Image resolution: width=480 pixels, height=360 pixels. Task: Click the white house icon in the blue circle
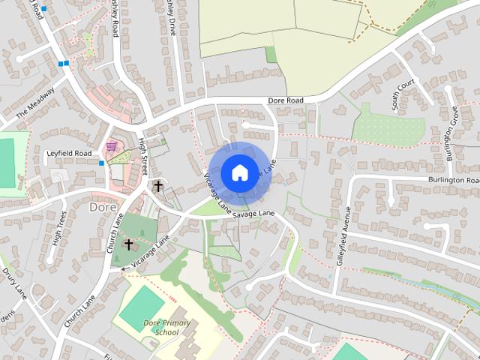point(239,172)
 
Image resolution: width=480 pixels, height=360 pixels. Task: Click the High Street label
point(142,150)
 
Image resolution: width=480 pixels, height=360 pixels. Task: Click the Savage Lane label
point(253,214)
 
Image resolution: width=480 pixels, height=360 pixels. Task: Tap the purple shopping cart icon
point(112,145)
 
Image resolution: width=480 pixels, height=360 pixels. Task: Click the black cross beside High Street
point(158,184)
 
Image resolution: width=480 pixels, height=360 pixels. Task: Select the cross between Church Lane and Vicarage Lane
point(128,244)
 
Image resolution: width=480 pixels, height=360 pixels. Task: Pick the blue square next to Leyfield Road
point(101,163)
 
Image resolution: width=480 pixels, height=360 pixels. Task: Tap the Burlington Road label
point(453,181)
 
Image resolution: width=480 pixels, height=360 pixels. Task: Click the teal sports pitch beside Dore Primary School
point(139,308)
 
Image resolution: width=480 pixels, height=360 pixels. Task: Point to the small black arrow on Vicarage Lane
point(124,268)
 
